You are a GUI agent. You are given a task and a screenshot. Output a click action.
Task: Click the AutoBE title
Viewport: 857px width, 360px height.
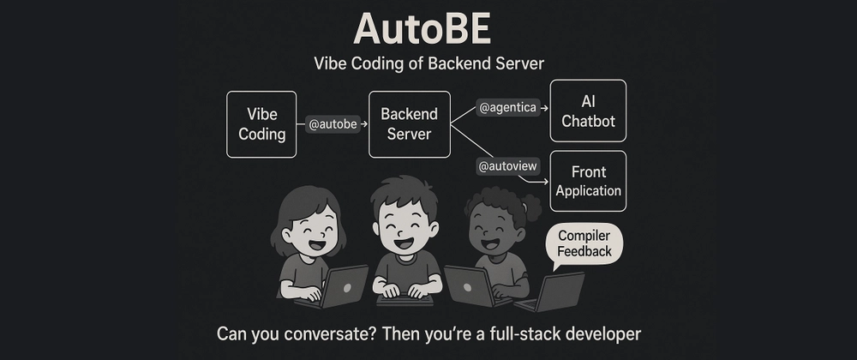[x=422, y=29]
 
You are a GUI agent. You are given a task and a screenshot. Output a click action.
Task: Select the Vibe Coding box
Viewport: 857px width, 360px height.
[x=261, y=124]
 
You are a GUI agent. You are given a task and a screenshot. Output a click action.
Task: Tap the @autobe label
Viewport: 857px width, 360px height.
[x=333, y=124]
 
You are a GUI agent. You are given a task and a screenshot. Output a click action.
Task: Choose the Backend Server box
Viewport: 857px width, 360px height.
[x=410, y=124]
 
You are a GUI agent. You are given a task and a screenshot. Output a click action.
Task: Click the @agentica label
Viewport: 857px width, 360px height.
[x=507, y=108]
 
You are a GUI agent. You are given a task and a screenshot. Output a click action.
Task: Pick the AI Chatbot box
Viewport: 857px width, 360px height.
[x=588, y=111]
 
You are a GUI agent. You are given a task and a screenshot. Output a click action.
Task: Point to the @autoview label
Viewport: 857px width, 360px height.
[x=507, y=166]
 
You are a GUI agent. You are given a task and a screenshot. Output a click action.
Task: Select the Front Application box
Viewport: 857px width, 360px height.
[x=588, y=181]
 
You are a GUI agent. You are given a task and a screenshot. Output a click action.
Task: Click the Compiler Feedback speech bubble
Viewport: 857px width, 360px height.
[x=584, y=245]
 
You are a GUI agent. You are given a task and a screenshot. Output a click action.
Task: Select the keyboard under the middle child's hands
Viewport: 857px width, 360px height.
[x=405, y=300]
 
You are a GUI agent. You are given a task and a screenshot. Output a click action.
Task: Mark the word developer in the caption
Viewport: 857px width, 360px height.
[x=596, y=333]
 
